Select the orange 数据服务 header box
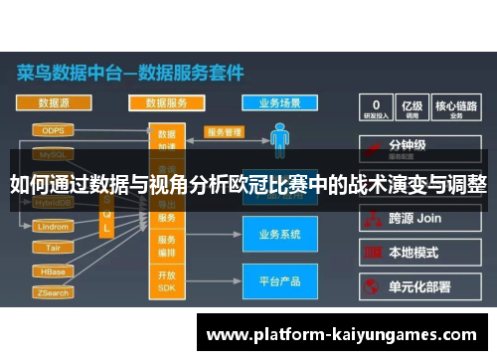coord(166,101)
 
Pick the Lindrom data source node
coord(52,227)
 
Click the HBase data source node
coord(52,270)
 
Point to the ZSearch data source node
coord(52,293)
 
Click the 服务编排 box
coord(166,246)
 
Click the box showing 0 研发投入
coord(376,108)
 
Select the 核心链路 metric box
coord(456,108)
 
